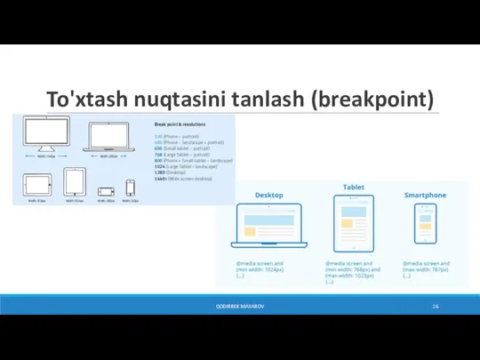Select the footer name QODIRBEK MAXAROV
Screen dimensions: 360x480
(239, 306)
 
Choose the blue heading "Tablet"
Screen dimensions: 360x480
(354, 187)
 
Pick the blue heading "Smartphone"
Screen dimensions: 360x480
(425, 195)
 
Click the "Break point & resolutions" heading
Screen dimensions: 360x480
(181, 124)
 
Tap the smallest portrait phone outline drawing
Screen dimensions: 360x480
(130, 188)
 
